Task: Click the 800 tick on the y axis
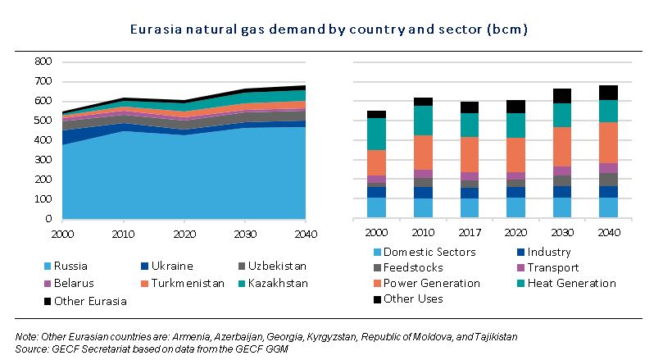click(x=44, y=62)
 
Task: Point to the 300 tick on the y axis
click(x=44, y=160)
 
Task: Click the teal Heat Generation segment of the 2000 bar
click(x=376, y=134)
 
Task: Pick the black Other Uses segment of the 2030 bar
click(x=561, y=95)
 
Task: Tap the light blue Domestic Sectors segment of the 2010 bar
click(x=423, y=208)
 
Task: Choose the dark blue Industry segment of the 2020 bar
click(x=515, y=192)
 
